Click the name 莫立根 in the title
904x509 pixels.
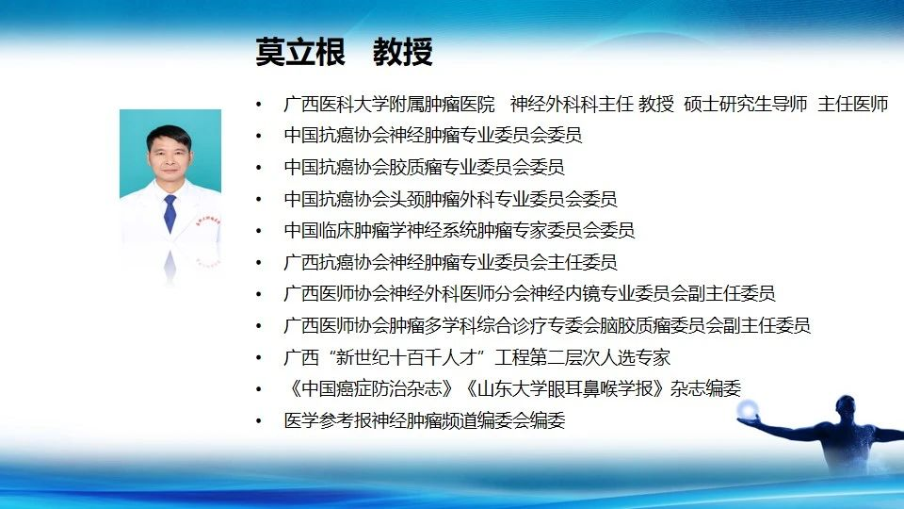tap(300, 52)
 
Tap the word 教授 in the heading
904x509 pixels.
tap(402, 52)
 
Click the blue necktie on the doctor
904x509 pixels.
tap(169, 213)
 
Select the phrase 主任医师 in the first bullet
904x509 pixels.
tap(853, 104)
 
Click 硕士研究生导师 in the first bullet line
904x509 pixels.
tap(746, 104)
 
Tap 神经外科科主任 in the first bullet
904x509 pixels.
tap(572, 104)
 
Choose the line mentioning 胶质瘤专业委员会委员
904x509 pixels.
tap(425, 168)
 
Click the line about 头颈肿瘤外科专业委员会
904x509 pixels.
tap(450, 199)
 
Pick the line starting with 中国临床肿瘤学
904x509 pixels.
tap(460, 231)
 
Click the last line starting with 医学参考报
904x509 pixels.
tap(425, 420)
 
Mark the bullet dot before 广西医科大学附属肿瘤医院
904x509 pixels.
tap(259, 105)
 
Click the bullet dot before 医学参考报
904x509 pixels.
tap(259, 421)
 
